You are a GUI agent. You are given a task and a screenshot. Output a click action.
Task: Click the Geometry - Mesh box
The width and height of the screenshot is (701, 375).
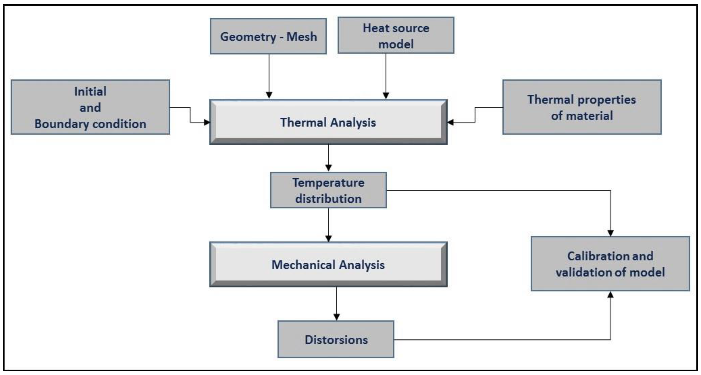pyautogui.click(x=268, y=36)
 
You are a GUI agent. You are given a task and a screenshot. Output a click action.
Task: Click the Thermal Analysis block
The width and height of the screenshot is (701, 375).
pyautogui.click(x=328, y=122)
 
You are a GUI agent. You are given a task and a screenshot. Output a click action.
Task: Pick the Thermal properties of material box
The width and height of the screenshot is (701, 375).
pyautogui.click(x=582, y=107)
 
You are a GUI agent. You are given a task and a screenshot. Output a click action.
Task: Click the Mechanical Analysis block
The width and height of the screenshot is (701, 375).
pyautogui.click(x=328, y=265)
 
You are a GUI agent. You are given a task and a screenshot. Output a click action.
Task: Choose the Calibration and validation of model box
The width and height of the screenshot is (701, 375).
pyautogui.click(x=610, y=264)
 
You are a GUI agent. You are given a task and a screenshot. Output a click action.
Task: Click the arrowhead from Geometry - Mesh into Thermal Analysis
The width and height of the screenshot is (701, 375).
pyautogui.click(x=269, y=95)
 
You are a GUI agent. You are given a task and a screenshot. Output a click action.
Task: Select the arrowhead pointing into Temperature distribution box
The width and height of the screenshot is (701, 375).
pyautogui.click(x=328, y=168)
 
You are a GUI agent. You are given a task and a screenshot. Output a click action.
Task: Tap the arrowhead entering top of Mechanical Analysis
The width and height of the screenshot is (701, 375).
pyautogui.click(x=328, y=238)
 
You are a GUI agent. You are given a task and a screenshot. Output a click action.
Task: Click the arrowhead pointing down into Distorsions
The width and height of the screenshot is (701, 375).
pyautogui.click(x=337, y=317)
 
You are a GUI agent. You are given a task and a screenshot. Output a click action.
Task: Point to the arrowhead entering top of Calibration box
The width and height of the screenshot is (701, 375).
pyautogui.click(x=610, y=233)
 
